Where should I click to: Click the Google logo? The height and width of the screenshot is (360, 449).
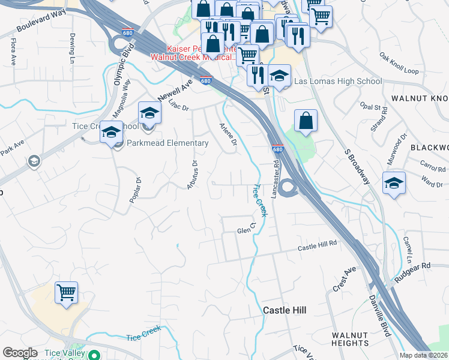[20, 353]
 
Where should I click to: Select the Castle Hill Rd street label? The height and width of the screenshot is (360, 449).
[318, 247]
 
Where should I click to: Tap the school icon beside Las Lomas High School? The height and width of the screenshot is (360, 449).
[279, 76]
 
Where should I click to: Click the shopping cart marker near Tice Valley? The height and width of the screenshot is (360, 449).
[67, 293]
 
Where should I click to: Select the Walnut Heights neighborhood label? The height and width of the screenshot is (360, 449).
[351, 339]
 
